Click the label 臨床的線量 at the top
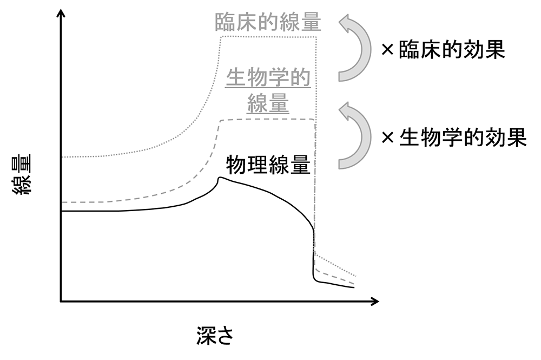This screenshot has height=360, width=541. pos(268,22)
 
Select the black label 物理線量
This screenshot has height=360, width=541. pos(268,165)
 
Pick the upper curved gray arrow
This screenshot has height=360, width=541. pos(354,48)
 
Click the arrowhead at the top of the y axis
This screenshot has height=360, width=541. pos(61,12)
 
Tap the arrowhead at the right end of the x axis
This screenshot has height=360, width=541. pos(374,300)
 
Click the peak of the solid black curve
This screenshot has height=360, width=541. pos(219,178)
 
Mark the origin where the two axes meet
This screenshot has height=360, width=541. pos(61,300)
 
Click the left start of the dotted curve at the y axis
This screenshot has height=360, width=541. pos(62,157)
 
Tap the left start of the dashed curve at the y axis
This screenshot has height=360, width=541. pos(62,202)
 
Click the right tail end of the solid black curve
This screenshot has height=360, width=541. pos(354,287)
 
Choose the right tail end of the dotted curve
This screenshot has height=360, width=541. pos(356,276)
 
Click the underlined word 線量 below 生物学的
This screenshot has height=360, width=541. pos(268,103)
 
